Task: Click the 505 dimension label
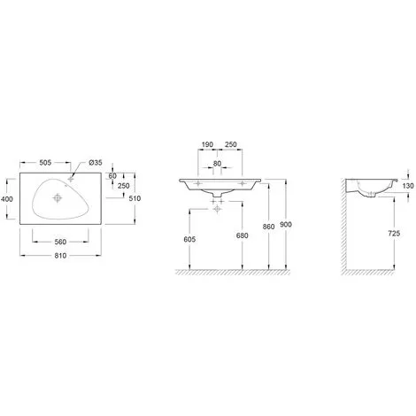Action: tap(45, 162)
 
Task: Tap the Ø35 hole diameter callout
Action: tap(96, 162)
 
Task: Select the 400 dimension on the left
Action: tap(7, 199)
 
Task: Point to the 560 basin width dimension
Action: tap(60, 242)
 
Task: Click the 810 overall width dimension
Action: tap(60, 256)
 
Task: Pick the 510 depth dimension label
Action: tap(135, 198)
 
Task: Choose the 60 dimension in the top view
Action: tap(112, 176)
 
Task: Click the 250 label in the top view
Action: tap(124, 186)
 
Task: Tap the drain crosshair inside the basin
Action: tap(58, 198)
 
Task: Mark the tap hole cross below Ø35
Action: tap(70, 179)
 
